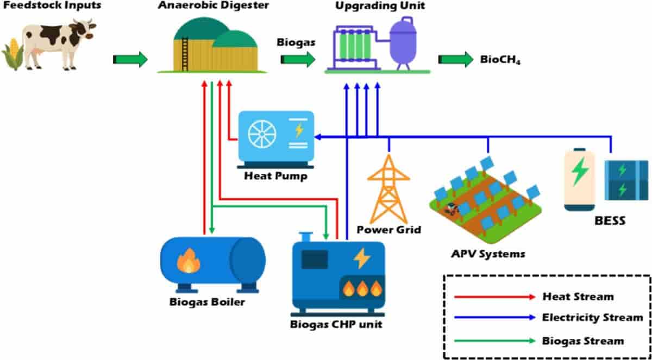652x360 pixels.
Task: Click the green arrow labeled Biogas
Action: tap(298, 59)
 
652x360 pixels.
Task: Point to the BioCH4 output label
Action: tap(500, 60)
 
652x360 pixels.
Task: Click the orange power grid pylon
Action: tap(388, 188)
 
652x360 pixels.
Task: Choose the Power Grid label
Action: tap(388, 230)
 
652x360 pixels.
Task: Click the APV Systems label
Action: tap(487, 253)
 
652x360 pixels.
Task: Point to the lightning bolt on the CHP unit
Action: tap(361, 258)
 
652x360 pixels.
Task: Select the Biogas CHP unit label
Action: tap(336, 325)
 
